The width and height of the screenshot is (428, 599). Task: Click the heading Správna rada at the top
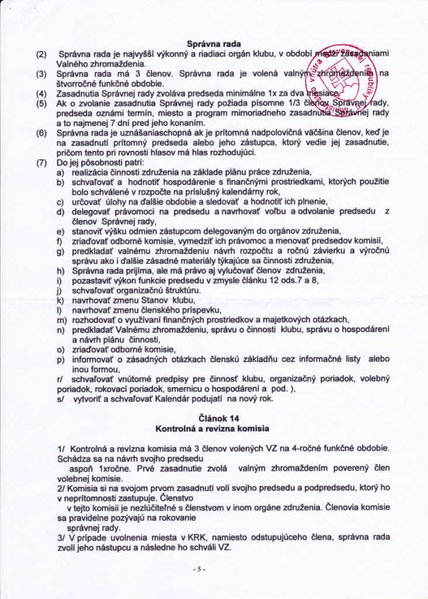pos(213,43)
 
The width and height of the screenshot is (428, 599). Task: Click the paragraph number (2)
pos(41,54)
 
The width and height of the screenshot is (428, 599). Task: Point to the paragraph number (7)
pos(41,162)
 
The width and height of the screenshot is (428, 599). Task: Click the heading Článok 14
pos(214,421)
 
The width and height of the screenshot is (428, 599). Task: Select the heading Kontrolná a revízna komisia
pos(214,430)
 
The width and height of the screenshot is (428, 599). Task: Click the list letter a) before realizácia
pos(60,172)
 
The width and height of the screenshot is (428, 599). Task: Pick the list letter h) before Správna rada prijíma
pos(60,270)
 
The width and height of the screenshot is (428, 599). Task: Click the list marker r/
pos(59,378)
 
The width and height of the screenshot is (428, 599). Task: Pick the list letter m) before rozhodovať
pos(60,319)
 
